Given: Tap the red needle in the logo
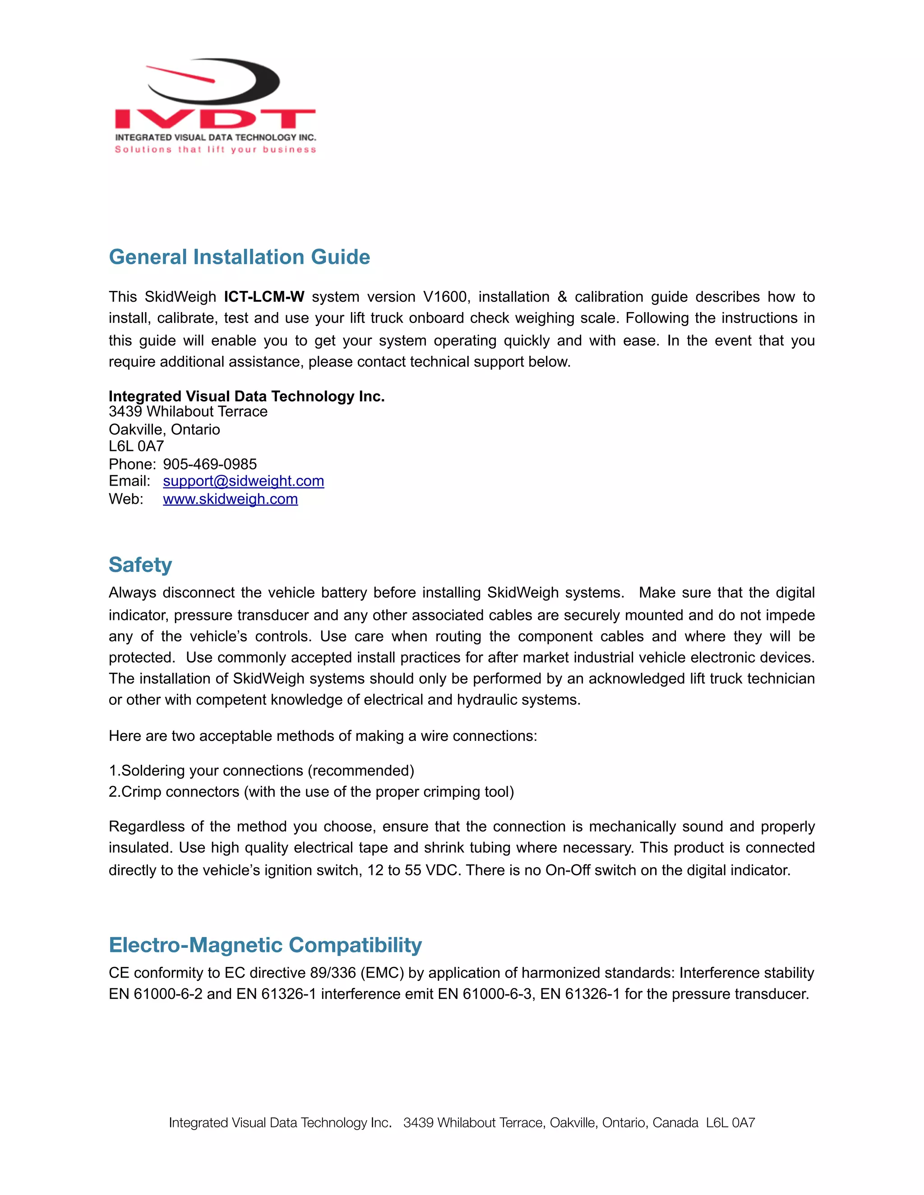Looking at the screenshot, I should [180, 74].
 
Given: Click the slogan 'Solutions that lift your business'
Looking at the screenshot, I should [215, 149].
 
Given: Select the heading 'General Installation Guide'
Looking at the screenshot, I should [239, 257].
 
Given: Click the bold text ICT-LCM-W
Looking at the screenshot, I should [264, 297].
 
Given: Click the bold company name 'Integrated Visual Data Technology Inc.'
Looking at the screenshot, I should [246, 396].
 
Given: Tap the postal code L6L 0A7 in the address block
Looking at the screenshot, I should [136, 446].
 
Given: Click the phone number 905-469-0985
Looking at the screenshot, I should [210, 464].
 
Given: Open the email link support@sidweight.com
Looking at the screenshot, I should [243, 481].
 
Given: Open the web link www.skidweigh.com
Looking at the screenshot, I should [230, 499].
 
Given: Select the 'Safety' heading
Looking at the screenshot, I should [140, 565].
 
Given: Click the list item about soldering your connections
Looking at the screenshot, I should [262, 770].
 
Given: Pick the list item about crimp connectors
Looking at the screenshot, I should [311, 792].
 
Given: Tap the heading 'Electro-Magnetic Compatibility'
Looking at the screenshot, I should [265, 945].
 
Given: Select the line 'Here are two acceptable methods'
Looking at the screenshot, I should [323, 736].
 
